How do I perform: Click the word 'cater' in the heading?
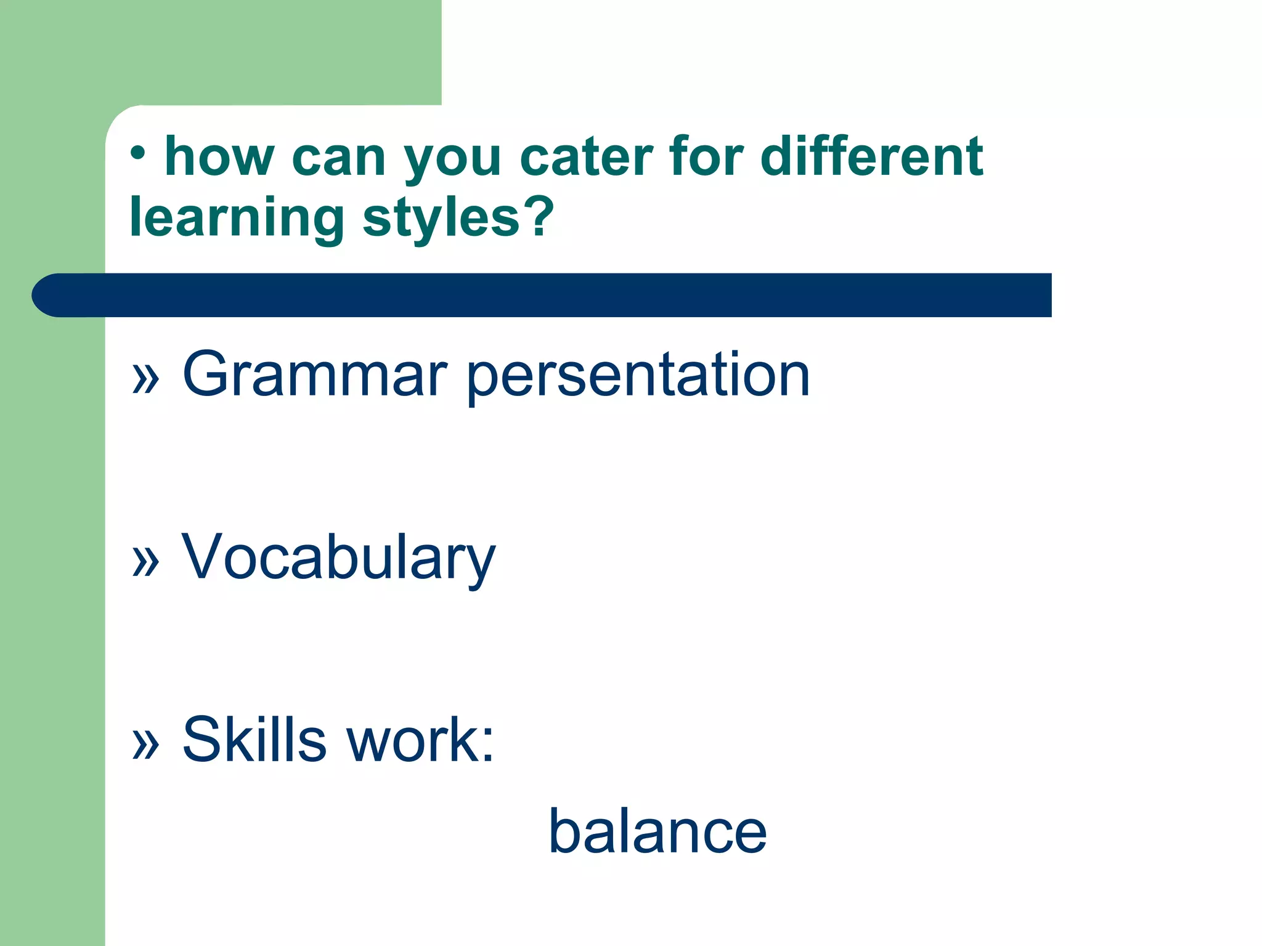point(585,158)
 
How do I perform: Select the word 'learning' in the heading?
point(237,219)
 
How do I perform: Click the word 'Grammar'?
point(314,374)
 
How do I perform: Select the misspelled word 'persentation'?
point(638,376)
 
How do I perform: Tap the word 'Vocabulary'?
point(338,558)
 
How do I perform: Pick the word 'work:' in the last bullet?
point(420,740)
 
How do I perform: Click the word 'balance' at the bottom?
point(657,832)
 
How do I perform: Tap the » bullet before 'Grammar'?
point(146,378)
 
